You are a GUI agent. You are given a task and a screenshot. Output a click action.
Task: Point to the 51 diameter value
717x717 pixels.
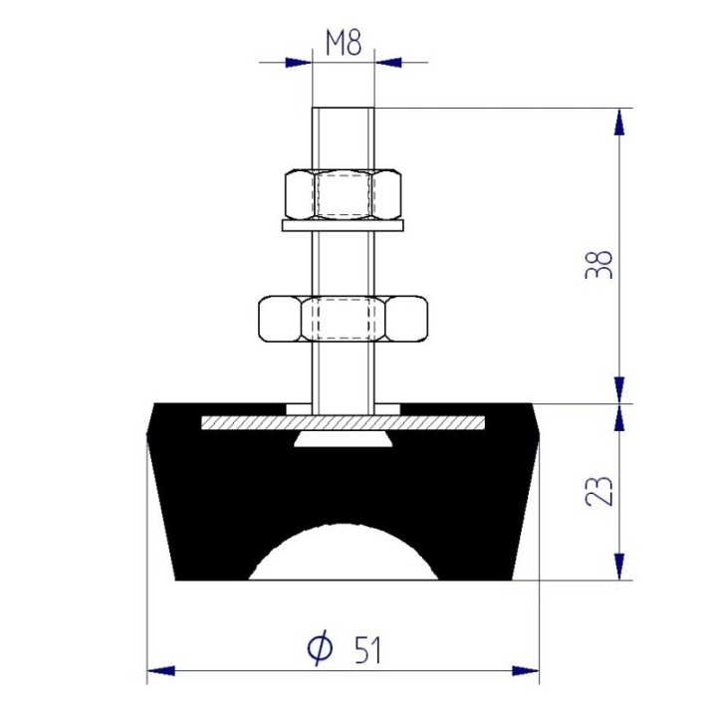[366, 650]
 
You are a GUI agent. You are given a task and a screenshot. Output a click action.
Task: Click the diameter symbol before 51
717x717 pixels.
[319, 649]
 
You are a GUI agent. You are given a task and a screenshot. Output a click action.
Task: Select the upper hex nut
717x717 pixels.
[344, 193]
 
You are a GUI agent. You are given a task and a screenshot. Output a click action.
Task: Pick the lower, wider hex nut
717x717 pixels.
[344, 319]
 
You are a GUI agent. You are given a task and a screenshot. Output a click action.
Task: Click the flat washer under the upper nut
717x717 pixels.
[344, 226]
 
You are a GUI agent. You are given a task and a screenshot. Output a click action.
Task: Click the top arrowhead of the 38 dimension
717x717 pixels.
[619, 119]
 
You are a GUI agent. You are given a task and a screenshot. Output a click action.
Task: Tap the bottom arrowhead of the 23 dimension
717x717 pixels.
[619, 568]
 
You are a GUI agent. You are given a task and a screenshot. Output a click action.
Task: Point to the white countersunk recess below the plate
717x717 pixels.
[344, 439]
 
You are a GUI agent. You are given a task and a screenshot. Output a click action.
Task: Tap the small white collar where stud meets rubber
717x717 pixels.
[344, 409]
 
